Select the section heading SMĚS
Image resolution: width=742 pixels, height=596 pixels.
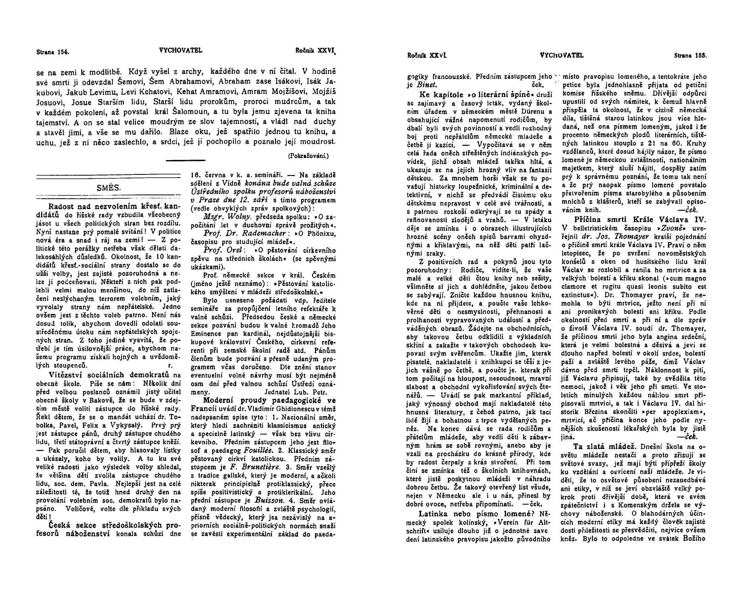(x=108, y=188)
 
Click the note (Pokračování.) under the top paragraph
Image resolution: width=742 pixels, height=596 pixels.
(x=308, y=156)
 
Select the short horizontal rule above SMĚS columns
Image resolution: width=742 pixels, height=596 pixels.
(x=185, y=161)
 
